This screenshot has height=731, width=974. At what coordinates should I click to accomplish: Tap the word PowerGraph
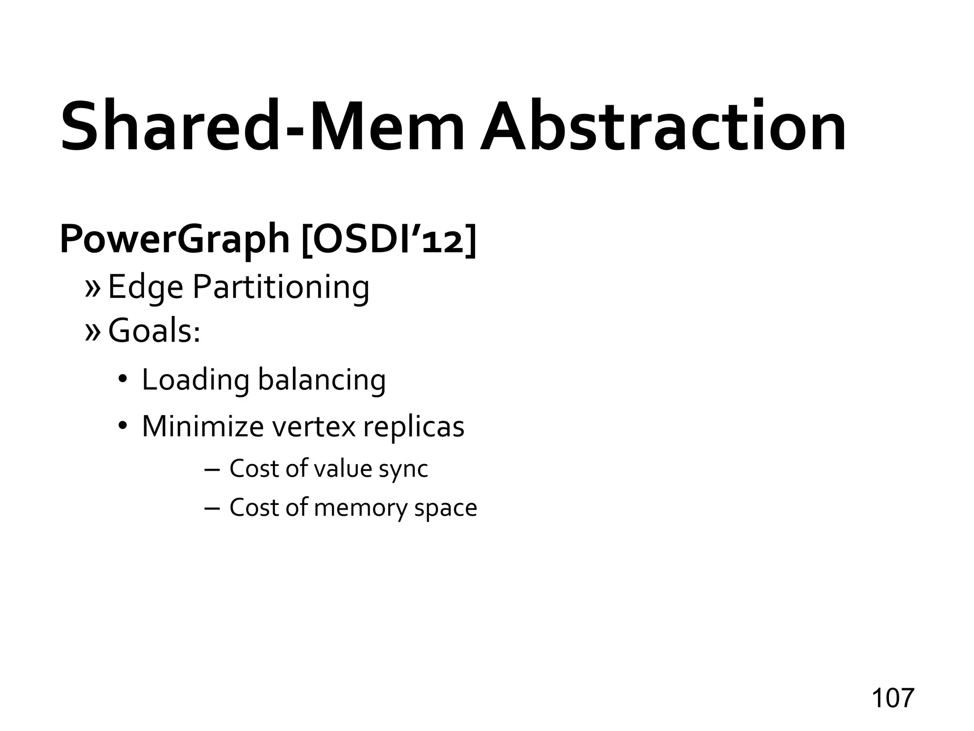[175, 239]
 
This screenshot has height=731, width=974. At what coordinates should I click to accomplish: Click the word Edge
[146, 287]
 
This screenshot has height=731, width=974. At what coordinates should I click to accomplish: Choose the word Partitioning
[281, 287]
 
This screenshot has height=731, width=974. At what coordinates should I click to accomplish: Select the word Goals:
[154, 331]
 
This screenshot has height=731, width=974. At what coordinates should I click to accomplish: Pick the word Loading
[195, 380]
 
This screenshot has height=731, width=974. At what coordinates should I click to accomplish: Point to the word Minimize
[203, 426]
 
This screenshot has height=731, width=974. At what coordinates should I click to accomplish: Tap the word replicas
[413, 426]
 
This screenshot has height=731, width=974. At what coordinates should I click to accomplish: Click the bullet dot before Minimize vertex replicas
[122, 425]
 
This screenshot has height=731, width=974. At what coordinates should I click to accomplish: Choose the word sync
[403, 469]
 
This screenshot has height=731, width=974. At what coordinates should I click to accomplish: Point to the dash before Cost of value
[211, 469]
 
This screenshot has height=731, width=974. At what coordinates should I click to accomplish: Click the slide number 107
[893, 698]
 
